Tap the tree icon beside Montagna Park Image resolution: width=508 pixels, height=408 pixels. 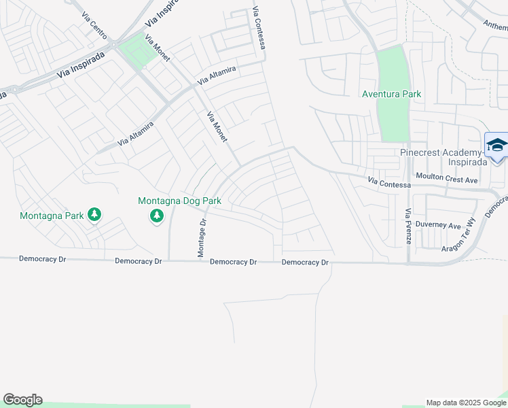pos(94,216)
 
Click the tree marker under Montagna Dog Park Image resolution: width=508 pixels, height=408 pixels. pos(157,216)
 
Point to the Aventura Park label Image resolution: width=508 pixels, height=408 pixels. pos(392,94)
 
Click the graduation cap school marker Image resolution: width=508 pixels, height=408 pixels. pos(497,146)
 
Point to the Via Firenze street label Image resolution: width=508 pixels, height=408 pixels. pos(408,232)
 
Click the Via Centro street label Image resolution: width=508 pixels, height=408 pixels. pos(94,24)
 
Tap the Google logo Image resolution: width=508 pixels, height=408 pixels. pos(22,400)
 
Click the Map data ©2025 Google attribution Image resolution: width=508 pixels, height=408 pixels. pos(466,403)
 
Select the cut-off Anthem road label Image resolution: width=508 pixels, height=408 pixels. pos(495,27)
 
